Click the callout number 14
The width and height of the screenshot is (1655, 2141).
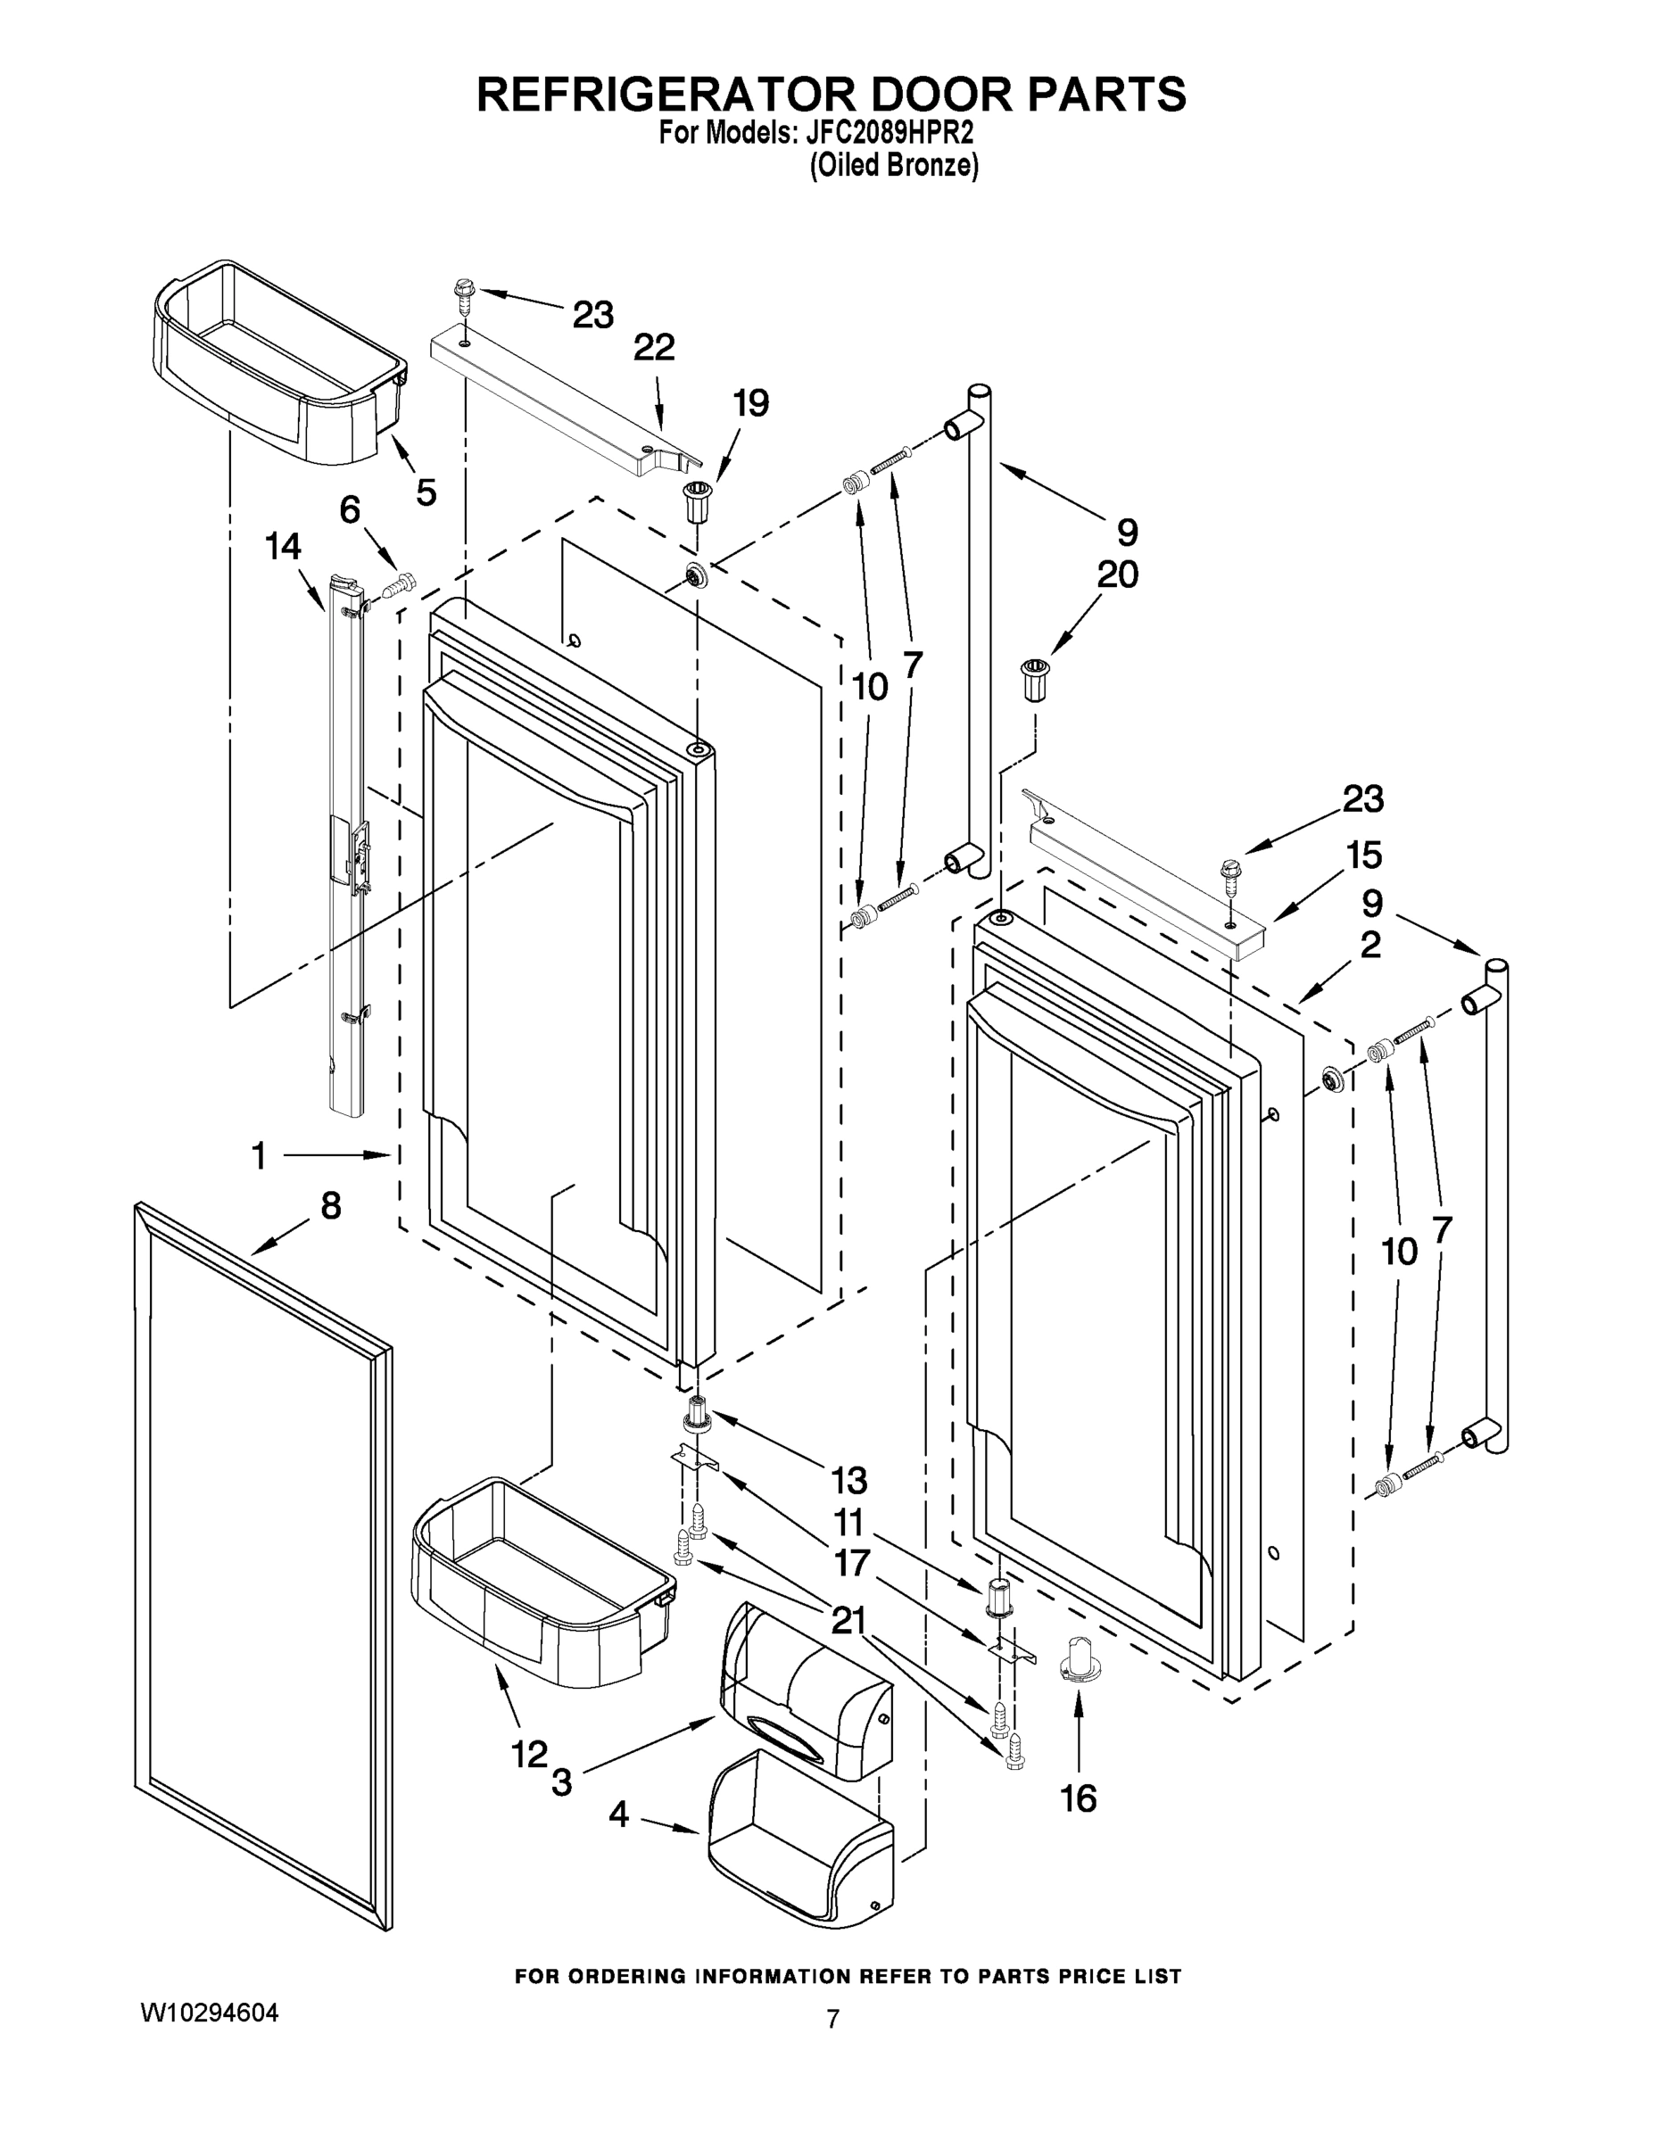pyautogui.click(x=284, y=546)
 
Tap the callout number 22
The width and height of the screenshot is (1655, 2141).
pyautogui.click(x=654, y=348)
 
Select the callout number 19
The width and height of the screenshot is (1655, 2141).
pyautogui.click(x=752, y=404)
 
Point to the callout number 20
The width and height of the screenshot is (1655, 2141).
pyautogui.click(x=1118, y=575)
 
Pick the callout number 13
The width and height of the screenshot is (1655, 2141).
pyautogui.click(x=849, y=1479)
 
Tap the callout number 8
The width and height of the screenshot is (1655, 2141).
pyautogui.click(x=331, y=1206)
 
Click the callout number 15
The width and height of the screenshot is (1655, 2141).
pyautogui.click(x=1364, y=856)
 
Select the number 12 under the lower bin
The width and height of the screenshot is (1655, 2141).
pyautogui.click(x=528, y=1755)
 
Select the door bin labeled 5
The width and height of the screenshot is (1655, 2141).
pyautogui.click(x=279, y=363)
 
